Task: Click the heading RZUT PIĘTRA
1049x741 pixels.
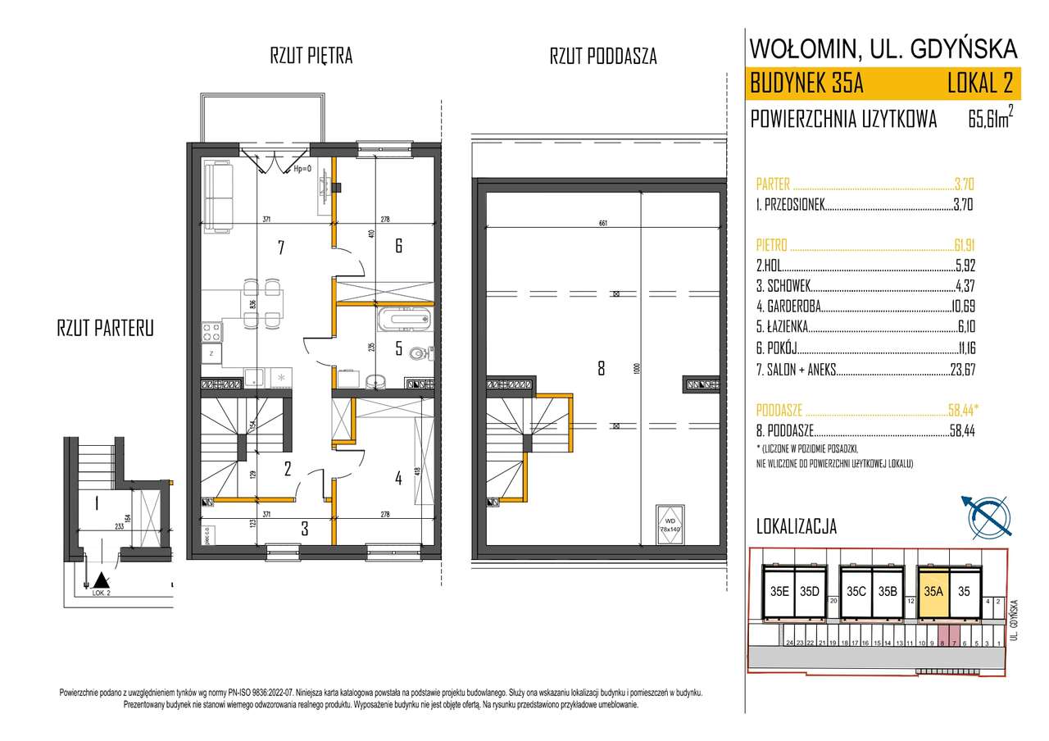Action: coord(311,57)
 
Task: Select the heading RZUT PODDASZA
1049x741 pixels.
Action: coord(602,57)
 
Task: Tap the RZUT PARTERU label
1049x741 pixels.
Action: coord(105,329)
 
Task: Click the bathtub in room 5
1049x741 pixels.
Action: coord(402,318)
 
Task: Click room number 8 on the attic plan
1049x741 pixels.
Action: coord(601,369)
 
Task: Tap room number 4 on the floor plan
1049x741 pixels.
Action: coord(398,479)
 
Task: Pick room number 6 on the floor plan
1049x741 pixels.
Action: coord(398,245)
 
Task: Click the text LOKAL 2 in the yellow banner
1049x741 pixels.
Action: coord(979,83)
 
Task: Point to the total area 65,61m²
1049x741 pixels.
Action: coord(990,120)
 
